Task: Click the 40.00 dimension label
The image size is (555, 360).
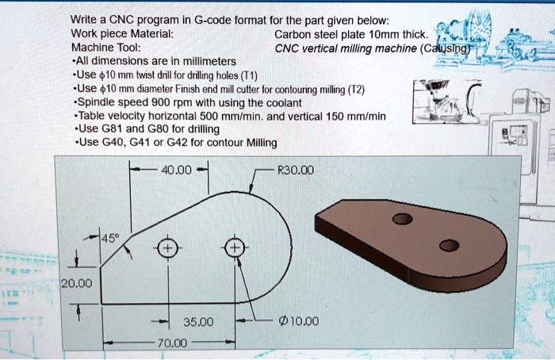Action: click(x=176, y=169)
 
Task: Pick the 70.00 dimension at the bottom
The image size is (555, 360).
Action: click(x=174, y=343)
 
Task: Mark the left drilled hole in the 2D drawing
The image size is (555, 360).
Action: click(x=166, y=249)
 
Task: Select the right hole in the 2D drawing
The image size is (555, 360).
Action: click(x=235, y=249)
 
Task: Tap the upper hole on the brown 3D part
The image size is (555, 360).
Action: click(x=404, y=219)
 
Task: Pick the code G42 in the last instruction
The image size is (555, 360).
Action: click(x=167, y=144)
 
